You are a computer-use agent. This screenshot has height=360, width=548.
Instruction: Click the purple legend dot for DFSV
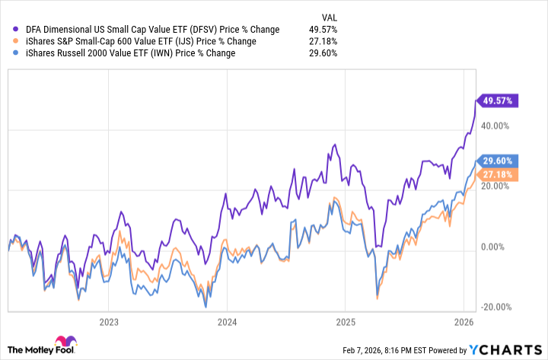[x=16, y=29]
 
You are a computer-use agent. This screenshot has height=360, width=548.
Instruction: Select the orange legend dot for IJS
[x=16, y=41]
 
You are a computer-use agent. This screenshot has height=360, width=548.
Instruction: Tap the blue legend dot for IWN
[x=16, y=53]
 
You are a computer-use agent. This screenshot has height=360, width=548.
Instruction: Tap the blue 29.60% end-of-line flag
[x=499, y=161]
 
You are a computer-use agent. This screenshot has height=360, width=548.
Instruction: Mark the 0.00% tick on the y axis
[x=499, y=247]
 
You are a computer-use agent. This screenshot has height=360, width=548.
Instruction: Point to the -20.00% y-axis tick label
[x=496, y=307]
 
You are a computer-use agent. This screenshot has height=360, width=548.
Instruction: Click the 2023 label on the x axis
[x=108, y=321]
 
